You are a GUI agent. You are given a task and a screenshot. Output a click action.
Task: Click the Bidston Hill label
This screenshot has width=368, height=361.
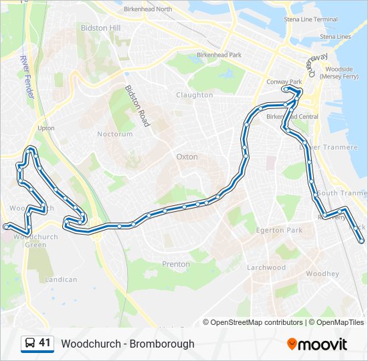pyautogui.click(x=100, y=28)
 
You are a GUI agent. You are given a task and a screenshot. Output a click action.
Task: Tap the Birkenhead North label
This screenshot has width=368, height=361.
pyautogui.click(x=148, y=9)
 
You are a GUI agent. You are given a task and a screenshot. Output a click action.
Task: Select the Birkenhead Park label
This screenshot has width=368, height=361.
pyautogui.click(x=219, y=54)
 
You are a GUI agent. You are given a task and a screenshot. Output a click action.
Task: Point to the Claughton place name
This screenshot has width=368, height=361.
pyautogui.click(x=194, y=95)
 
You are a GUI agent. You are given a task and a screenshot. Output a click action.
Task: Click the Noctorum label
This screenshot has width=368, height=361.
pyautogui.click(x=115, y=134)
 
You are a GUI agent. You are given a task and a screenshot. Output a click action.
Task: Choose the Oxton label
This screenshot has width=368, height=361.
pyautogui.click(x=187, y=156)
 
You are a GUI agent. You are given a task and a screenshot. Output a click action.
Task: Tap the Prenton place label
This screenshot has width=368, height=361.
pyautogui.click(x=176, y=264)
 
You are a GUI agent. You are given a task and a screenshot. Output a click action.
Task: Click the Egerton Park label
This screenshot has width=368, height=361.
pyautogui.click(x=280, y=230)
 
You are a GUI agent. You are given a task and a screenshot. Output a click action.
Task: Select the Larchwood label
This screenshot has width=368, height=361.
pyautogui.click(x=266, y=267)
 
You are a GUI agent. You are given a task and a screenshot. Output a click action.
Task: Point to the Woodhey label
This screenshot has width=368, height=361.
pyautogui.click(x=323, y=274)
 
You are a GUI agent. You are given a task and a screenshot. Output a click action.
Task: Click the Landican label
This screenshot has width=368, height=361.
pyautogui.click(x=61, y=279)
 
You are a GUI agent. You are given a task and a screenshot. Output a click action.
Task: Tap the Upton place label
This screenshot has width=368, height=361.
pyautogui.click(x=46, y=128)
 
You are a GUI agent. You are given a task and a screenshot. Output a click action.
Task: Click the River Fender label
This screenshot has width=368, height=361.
pyautogui.click(x=27, y=78)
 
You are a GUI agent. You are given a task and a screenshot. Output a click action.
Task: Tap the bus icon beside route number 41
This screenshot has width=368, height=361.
pyautogui.click(x=29, y=344)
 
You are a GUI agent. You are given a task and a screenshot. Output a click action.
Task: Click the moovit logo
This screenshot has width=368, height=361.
pyautogui.click(x=317, y=344)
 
